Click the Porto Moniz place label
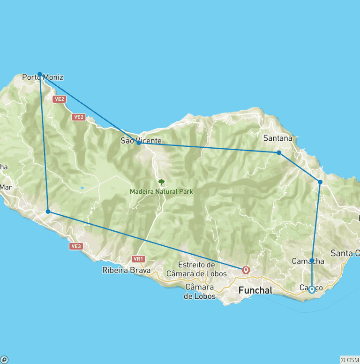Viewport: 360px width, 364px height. point(43,77)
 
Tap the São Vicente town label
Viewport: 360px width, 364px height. point(141,141)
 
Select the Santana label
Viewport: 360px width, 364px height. point(277,138)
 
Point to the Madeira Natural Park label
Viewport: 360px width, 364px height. point(161,191)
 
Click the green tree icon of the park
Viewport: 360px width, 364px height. point(162,182)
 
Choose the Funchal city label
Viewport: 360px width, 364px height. point(255,290)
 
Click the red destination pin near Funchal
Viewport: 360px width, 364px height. point(246,270)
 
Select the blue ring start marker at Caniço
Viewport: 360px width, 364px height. point(312,289)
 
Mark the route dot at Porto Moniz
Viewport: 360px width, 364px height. point(40,74)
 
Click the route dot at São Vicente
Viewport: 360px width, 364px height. point(139,143)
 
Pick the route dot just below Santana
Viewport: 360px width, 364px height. point(279,152)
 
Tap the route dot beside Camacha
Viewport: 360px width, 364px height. point(312,260)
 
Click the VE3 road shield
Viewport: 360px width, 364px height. point(75,246)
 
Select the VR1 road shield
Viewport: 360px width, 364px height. point(138,258)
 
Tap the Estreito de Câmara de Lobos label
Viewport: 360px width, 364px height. point(197,269)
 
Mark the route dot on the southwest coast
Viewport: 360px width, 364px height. point(48,212)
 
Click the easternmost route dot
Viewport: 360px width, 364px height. point(320,182)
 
